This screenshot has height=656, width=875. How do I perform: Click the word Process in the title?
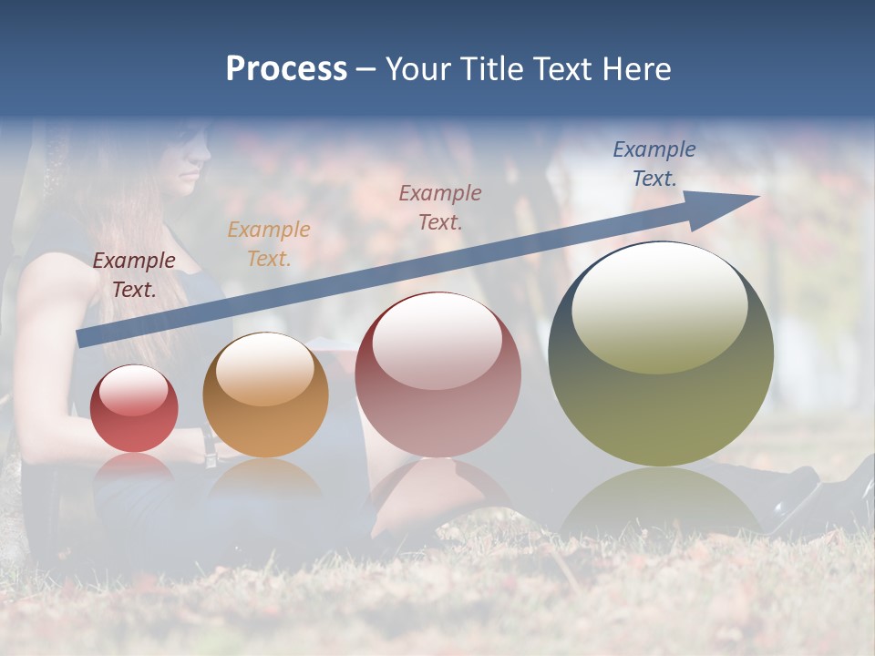point(286,69)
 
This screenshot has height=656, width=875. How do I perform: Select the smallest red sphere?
point(134,409)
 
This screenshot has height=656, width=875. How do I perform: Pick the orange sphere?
point(265,395)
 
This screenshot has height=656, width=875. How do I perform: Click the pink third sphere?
point(438,375)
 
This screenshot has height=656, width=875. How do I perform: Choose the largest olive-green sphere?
point(661,355)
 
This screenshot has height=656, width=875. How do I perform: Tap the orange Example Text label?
point(269,244)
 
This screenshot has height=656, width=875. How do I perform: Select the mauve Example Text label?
point(440,207)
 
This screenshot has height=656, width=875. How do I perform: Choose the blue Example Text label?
point(654,164)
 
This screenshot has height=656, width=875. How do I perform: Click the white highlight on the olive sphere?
point(659,308)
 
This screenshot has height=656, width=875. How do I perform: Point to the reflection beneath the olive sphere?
point(661,501)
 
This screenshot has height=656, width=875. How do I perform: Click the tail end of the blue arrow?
point(85,338)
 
